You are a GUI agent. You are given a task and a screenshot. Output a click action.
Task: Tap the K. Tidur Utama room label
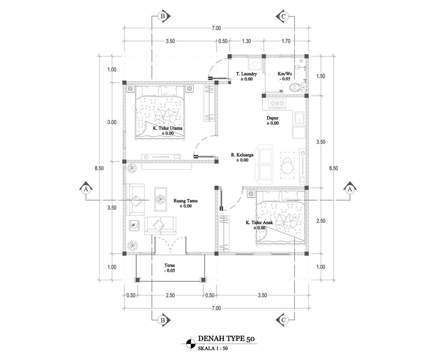click(167, 128)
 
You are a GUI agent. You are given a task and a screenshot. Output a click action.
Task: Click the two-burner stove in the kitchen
click(278, 103)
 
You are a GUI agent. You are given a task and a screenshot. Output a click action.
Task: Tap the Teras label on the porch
click(170, 265)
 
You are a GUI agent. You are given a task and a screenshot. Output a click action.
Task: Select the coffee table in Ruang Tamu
click(160, 199)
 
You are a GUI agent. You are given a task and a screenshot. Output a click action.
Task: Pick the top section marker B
click(163, 16)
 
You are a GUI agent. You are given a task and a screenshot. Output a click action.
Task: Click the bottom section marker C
click(283, 320)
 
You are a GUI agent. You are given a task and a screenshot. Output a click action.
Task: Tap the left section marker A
click(86, 189)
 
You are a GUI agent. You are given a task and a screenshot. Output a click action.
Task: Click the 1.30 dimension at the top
click(246, 41)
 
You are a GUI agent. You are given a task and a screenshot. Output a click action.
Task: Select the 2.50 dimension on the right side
click(321, 221)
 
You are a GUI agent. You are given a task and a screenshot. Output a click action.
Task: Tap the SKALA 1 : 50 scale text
click(213, 348)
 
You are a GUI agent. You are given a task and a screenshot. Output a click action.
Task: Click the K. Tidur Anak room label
click(259, 222)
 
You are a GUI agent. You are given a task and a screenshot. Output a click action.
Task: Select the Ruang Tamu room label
click(186, 200)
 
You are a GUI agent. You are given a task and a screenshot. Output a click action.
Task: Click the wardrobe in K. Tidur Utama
click(209, 103)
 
